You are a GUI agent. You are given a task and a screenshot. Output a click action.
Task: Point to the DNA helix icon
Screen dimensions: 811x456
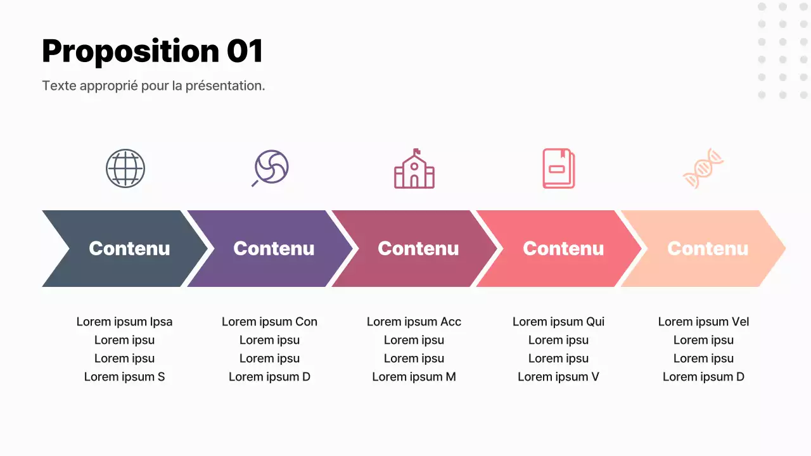pos(703,168)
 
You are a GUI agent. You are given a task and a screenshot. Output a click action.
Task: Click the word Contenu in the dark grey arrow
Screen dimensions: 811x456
pos(129,249)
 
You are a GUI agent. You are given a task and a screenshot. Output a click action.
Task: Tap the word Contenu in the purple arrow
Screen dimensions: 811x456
pos(274,249)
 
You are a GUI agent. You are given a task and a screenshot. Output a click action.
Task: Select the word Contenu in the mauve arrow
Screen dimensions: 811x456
pos(418,249)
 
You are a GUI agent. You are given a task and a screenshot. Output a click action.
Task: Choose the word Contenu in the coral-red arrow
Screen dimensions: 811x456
pos(563,249)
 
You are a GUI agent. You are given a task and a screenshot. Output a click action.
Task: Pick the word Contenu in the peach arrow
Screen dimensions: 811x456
pos(708,249)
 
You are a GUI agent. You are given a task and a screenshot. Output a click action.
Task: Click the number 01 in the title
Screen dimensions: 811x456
pos(245,51)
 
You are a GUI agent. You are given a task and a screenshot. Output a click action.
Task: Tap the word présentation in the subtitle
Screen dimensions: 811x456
pos(225,85)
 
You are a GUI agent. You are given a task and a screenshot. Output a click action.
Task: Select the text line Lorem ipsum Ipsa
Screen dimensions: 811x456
pos(125,322)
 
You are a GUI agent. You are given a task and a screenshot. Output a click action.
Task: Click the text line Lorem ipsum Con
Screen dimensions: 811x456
pos(269,322)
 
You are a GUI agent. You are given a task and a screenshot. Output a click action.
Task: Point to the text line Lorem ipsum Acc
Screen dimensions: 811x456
pos(414,322)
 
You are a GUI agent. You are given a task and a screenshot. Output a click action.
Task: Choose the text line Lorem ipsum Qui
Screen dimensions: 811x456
pos(558,322)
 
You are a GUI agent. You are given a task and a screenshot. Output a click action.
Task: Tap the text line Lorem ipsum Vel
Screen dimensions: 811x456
pos(703,322)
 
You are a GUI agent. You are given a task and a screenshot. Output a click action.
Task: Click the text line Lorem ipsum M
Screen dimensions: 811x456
pos(414,377)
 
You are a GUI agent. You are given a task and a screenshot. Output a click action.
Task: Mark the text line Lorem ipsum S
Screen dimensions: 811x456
pos(125,377)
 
